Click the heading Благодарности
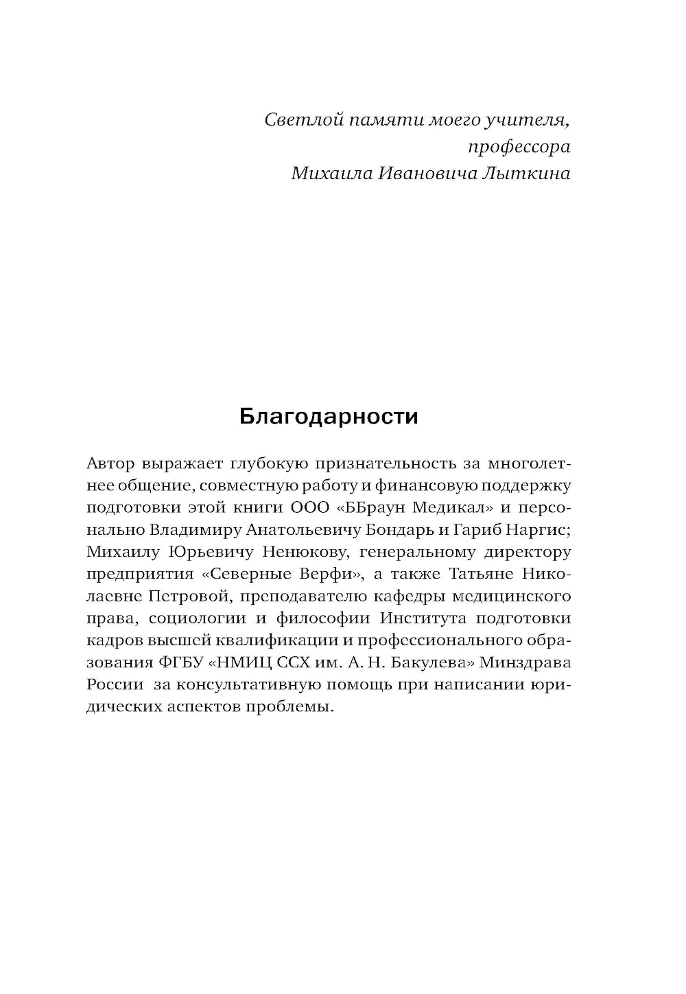tap(329, 417)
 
